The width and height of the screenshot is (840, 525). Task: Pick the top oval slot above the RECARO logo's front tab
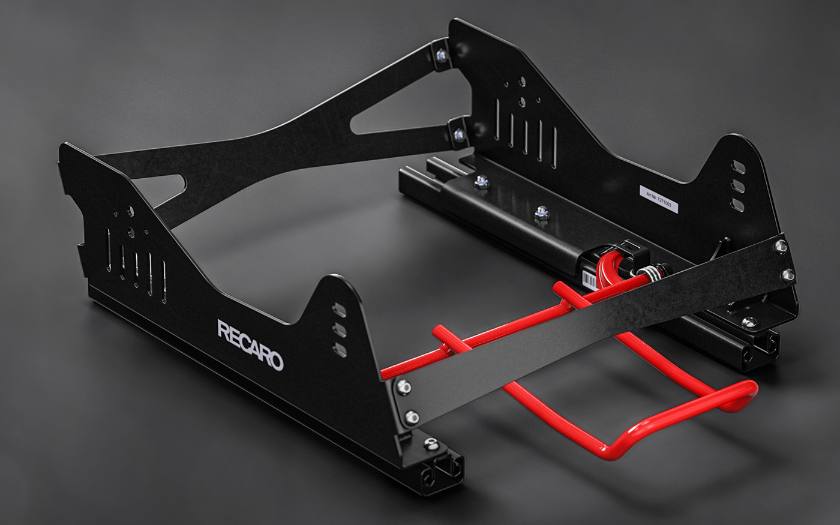point(339,310)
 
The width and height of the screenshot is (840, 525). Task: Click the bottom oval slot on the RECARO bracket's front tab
point(340,350)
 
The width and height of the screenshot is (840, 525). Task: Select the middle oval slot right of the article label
point(738,187)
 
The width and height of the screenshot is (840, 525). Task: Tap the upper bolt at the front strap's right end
point(780,245)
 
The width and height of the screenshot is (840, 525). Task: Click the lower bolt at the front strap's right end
point(788,275)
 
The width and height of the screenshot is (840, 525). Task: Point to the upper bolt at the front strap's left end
point(404,387)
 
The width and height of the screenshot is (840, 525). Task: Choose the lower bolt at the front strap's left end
point(411,416)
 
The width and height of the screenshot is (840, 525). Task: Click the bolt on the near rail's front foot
point(431,444)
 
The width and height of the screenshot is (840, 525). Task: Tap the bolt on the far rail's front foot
point(749,322)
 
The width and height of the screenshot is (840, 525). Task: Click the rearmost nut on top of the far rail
point(481,182)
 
